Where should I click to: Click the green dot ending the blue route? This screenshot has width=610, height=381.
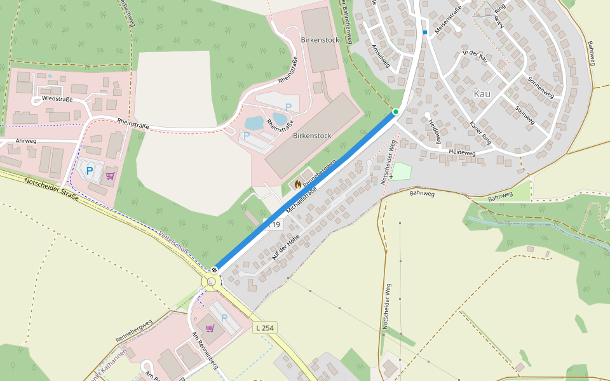coord(395,112)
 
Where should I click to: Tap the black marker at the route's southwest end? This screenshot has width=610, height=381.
coord(215,269)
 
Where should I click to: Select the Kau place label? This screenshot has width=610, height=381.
coord(482,93)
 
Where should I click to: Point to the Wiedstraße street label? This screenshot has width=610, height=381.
coord(57,99)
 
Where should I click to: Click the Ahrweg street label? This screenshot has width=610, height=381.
coord(26,141)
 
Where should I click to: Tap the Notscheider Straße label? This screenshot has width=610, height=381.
coord(51,189)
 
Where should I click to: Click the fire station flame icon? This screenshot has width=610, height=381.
coord(297,184)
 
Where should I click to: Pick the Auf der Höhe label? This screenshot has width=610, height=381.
coord(285,247)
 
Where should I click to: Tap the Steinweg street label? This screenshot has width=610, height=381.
coord(525,114)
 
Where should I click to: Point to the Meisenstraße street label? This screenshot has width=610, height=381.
coord(448,21)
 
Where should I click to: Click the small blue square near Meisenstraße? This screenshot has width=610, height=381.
coord(425,32)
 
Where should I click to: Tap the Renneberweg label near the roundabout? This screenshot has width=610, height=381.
coord(134,330)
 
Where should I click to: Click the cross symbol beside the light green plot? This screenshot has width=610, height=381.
coord(391,176)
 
